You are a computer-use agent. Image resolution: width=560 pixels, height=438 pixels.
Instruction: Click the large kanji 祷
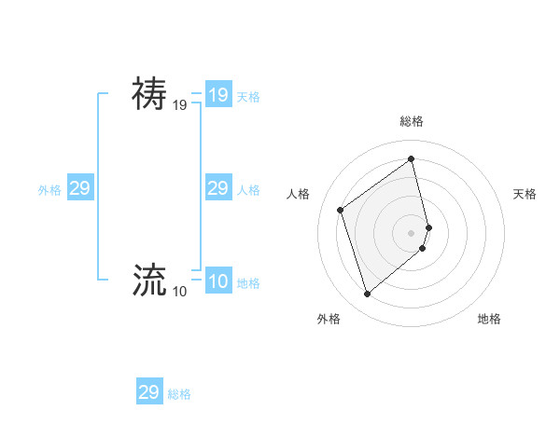(149, 94)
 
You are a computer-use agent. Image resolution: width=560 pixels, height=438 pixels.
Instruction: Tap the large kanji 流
(149, 279)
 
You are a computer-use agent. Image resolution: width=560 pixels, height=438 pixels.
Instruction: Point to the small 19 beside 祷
(179, 106)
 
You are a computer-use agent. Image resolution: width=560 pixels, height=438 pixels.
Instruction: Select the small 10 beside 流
(179, 292)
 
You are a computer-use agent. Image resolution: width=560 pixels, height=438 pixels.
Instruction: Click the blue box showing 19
(217, 95)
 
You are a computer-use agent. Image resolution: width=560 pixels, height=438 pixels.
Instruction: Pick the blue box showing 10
(217, 281)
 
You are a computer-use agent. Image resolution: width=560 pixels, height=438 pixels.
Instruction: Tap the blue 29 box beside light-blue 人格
(217, 188)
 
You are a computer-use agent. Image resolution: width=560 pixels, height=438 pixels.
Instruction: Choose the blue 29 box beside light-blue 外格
(79, 188)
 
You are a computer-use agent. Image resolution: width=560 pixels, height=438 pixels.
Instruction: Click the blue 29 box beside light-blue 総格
(148, 392)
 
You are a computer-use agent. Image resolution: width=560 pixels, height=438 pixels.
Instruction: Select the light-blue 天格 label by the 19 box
(248, 97)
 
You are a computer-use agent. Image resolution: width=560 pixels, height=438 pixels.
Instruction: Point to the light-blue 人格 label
(248, 190)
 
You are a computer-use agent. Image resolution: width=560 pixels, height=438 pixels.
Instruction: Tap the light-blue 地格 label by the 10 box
(248, 283)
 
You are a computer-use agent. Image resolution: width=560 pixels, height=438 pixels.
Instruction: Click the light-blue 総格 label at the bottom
(179, 394)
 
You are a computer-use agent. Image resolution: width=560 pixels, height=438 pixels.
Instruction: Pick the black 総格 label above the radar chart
(412, 121)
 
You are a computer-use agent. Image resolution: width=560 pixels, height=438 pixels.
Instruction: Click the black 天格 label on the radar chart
(525, 194)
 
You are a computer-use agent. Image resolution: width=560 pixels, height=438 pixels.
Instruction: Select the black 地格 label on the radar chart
(489, 319)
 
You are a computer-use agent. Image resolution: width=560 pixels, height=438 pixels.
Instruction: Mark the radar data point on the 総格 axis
(412, 158)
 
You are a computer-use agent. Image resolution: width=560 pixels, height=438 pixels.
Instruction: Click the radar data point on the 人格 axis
(341, 210)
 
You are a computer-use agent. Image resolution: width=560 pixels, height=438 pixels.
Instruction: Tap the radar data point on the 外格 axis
(368, 294)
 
